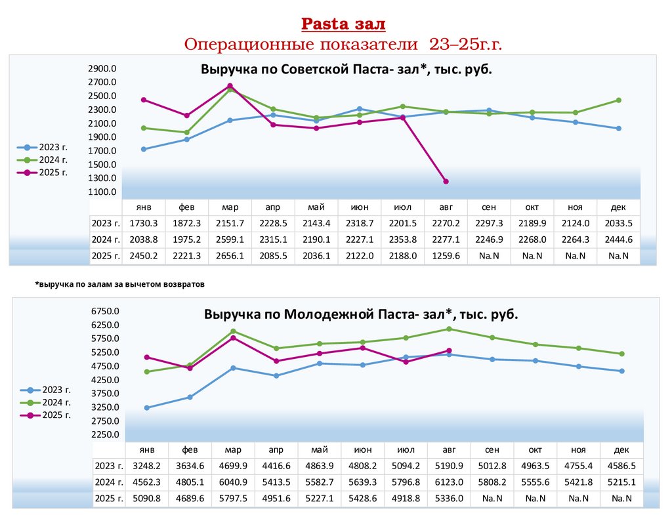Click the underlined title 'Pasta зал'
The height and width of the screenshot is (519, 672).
(x=343, y=25)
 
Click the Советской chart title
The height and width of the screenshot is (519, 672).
(x=346, y=70)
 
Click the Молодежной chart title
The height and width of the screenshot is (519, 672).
(x=361, y=314)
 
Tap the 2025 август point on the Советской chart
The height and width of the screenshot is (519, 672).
(x=446, y=181)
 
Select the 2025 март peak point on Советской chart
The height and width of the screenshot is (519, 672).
(x=230, y=86)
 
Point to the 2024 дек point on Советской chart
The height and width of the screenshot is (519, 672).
(x=618, y=100)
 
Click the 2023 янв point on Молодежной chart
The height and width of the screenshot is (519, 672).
(x=147, y=407)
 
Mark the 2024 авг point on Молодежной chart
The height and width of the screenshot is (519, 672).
(x=449, y=329)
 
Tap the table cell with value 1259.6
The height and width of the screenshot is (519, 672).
(x=446, y=256)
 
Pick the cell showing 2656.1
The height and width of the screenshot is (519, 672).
(x=230, y=256)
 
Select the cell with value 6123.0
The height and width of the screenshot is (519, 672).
(x=449, y=482)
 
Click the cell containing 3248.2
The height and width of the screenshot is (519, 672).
(x=147, y=466)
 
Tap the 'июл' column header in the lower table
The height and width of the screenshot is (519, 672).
(x=406, y=449)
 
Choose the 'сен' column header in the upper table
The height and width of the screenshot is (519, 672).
(x=489, y=207)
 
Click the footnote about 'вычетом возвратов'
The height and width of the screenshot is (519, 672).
(x=120, y=285)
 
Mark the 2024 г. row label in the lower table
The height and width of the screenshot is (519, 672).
(x=108, y=482)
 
